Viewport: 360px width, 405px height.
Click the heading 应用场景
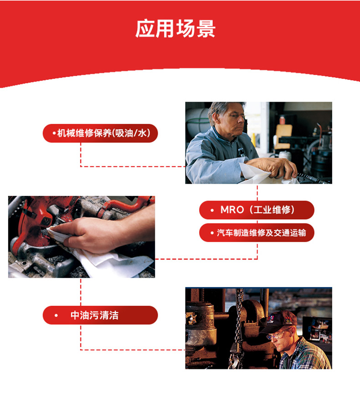(x=175, y=29)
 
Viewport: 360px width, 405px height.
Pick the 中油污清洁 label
(x=95, y=315)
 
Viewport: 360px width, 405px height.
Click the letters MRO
(x=232, y=210)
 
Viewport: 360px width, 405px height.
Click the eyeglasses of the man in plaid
(x=278, y=335)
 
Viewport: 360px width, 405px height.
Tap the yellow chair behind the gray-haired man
(x=283, y=137)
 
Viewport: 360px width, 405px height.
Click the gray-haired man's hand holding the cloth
(x=271, y=167)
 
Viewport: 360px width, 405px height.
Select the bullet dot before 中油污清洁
(x=56, y=315)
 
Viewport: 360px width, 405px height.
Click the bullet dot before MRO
(x=212, y=210)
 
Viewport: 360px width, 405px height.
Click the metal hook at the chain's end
(x=234, y=362)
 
